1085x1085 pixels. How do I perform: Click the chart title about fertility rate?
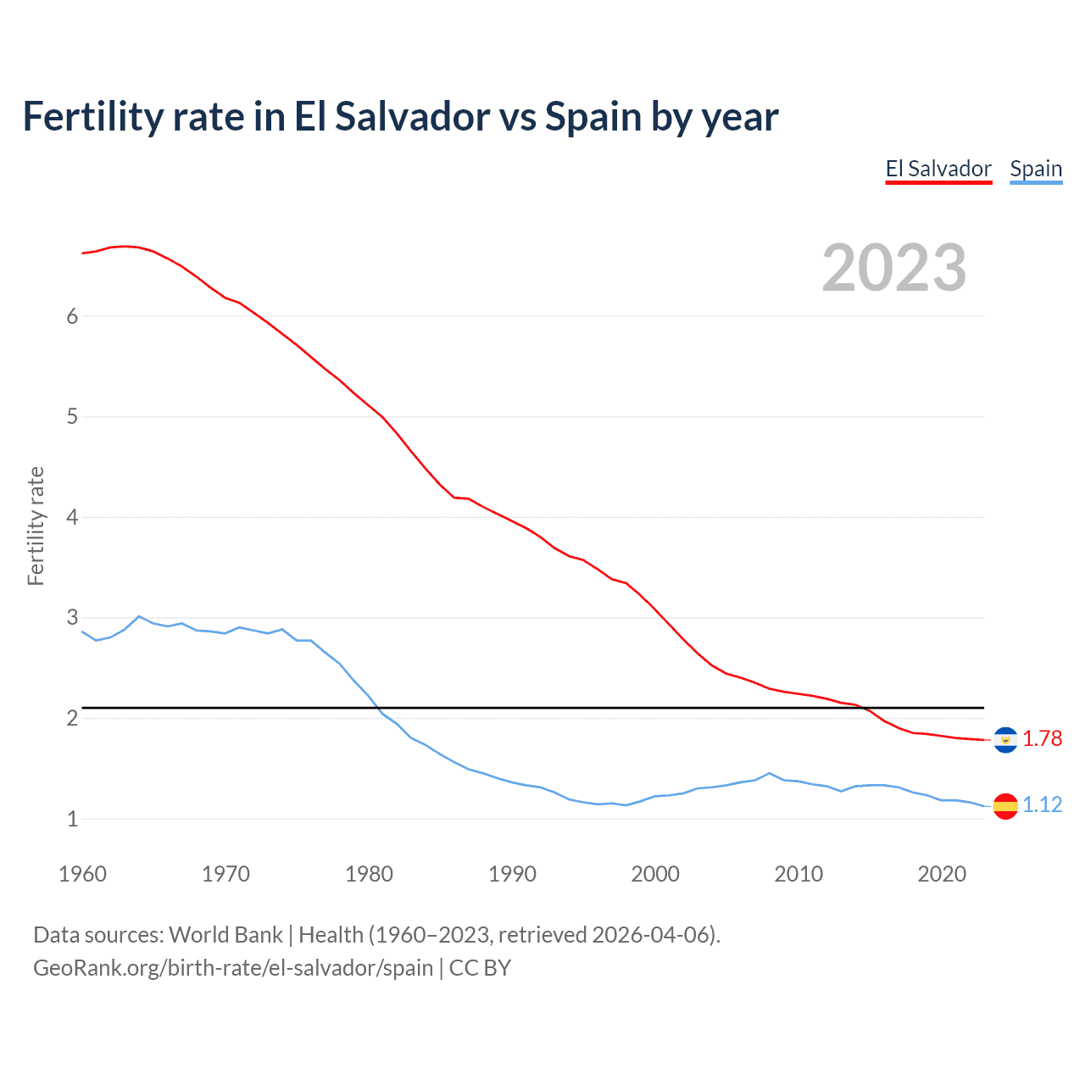point(400,117)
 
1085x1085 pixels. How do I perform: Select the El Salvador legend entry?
point(938,169)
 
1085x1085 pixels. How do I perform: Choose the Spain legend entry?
point(1036,169)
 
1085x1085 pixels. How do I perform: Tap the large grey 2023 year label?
point(894,268)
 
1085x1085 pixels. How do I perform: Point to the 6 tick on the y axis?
point(72,316)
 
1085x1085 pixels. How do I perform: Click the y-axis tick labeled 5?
point(72,417)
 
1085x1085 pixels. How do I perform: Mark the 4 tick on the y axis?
point(72,517)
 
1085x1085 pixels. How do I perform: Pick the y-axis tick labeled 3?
point(72,618)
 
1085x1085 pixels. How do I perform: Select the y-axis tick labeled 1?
point(72,819)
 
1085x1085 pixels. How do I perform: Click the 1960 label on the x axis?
point(82,874)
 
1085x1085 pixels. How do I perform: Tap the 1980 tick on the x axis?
point(369,874)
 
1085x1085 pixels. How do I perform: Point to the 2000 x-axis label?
point(655,874)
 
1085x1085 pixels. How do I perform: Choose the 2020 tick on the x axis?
point(942,874)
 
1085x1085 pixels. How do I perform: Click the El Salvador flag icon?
point(1005,740)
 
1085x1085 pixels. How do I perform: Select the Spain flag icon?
point(1005,805)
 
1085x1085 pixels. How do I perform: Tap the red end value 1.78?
point(1042,739)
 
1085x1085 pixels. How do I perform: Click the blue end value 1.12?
point(1042,804)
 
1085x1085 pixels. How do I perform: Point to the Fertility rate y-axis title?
point(36,526)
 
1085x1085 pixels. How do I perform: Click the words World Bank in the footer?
point(225,935)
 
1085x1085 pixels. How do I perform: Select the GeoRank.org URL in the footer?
point(233,968)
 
